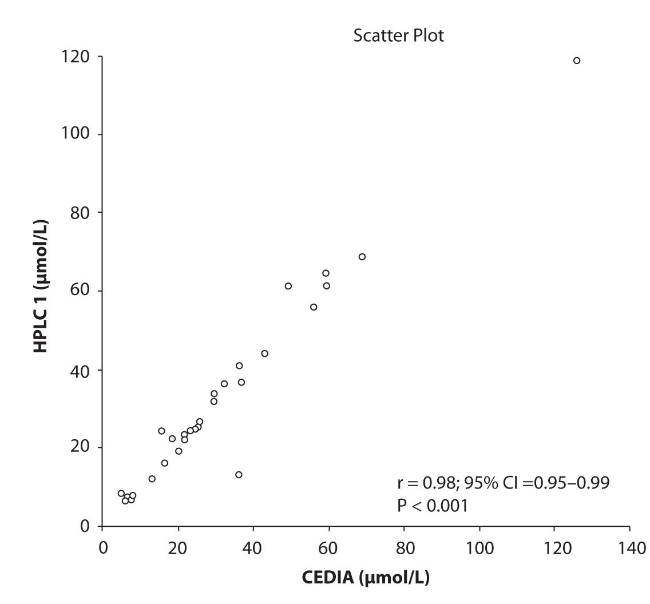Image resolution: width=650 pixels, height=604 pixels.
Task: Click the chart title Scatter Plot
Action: (x=399, y=35)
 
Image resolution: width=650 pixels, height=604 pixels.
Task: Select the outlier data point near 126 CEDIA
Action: (x=577, y=61)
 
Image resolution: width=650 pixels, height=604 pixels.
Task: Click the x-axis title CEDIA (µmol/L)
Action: (x=366, y=578)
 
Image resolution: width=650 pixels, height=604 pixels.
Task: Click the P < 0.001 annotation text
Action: (x=433, y=506)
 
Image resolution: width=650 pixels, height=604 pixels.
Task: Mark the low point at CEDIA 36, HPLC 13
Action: (x=239, y=475)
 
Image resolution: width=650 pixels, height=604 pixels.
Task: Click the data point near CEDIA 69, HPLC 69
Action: (x=362, y=257)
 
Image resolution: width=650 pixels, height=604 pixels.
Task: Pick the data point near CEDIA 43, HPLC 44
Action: (x=264, y=353)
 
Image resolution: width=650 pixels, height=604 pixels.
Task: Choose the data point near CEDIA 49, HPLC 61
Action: (x=288, y=286)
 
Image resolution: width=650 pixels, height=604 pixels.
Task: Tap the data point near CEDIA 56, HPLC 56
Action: (x=314, y=307)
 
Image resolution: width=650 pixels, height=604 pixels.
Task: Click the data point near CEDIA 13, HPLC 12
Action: (x=152, y=479)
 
